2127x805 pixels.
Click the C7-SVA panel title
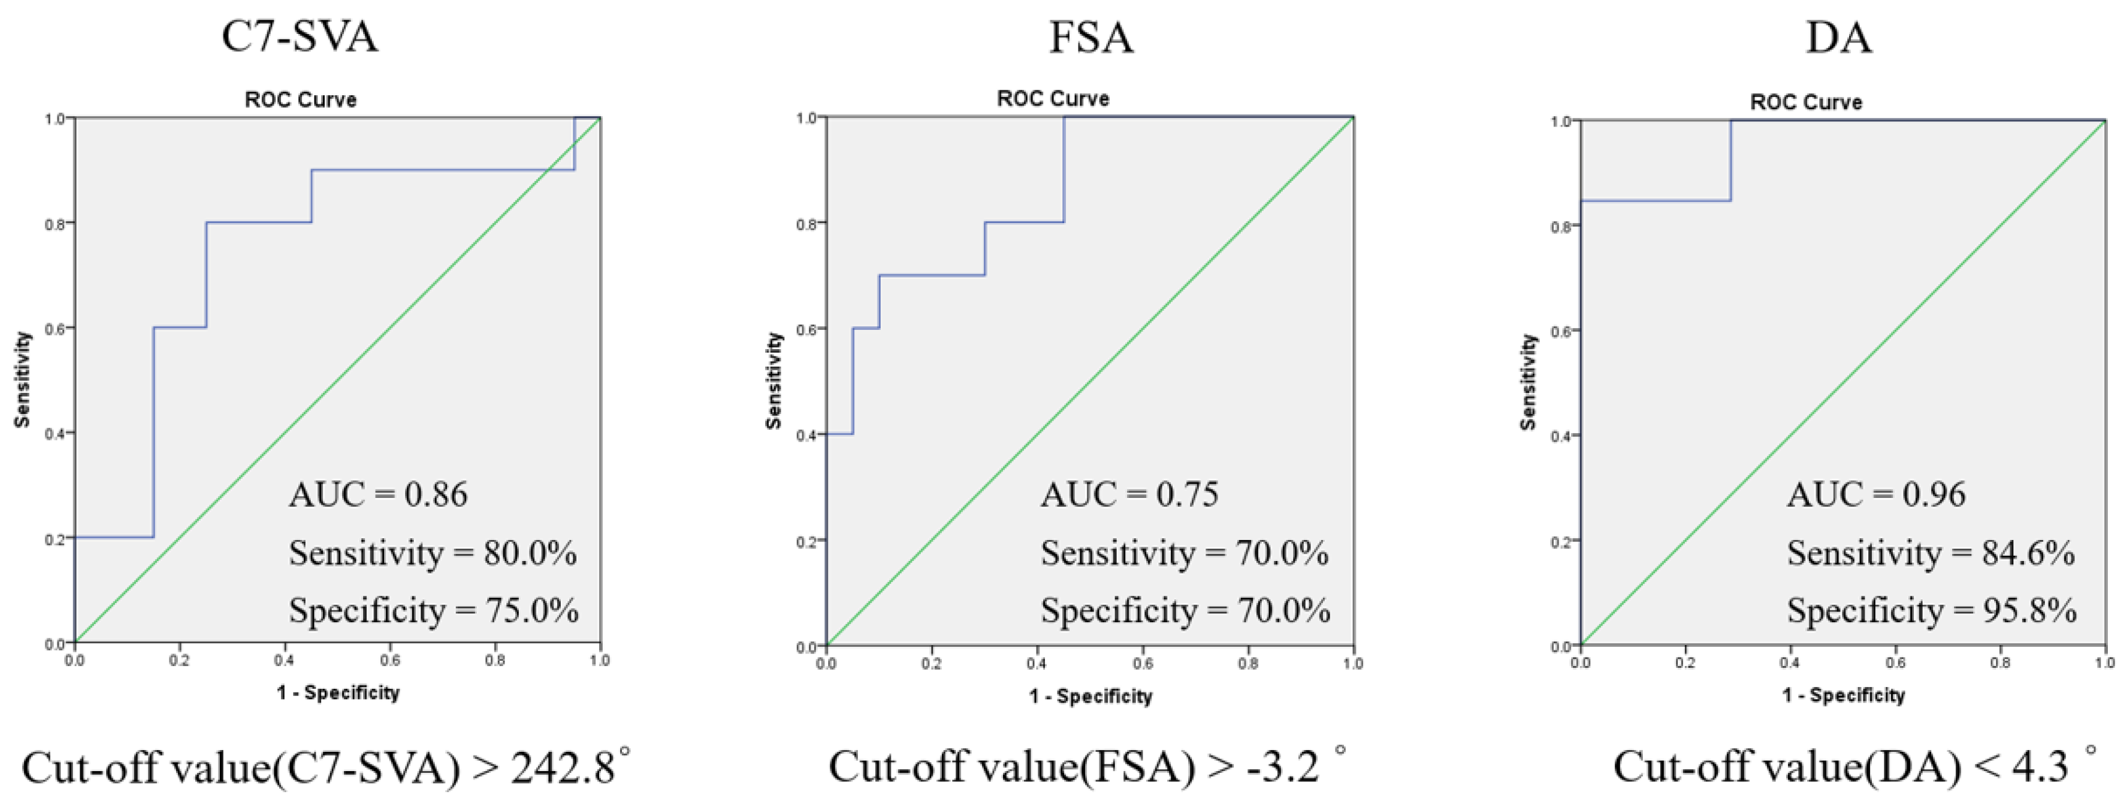pyautogui.click(x=300, y=37)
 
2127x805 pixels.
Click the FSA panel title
pyautogui.click(x=1091, y=37)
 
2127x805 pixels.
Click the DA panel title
pyautogui.click(x=1838, y=37)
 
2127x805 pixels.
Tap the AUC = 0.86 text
pyautogui.click(x=377, y=495)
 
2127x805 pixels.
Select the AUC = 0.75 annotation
pyautogui.click(x=1129, y=495)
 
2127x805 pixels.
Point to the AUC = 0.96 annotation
pyautogui.click(x=1876, y=495)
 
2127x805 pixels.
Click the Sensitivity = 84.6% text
pyautogui.click(x=1931, y=552)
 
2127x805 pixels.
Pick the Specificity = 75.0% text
pyautogui.click(x=433, y=610)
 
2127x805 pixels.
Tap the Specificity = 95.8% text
pyautogui.click(x=1931, y=610)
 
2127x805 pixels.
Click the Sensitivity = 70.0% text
pyautogui.click(x=1184, y=552)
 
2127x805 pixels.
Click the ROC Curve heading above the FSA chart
pyautogui.click(x=1053, y=99)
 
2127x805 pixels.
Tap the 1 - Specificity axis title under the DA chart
pyautogui.click(x=1843, y=695)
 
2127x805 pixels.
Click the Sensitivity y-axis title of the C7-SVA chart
pyautogui.click(x=23, y=380)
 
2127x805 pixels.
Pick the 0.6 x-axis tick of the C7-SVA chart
pyautogui.click(x=390, y=660)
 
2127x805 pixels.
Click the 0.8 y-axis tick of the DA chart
pyautogui.click(x=1560, y=226)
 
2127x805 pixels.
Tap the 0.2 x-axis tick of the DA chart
pyautogui.click(x=1685, y=663)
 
